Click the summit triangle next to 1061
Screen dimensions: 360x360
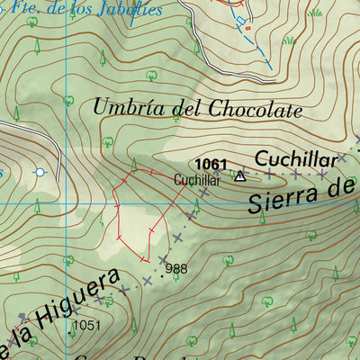pos(239,176)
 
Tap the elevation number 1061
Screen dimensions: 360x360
pos(210,163)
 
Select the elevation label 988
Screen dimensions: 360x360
pos(176,268)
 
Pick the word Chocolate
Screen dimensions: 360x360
pos(256,110)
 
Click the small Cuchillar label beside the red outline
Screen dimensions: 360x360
pos(197,180)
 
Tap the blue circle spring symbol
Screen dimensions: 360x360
pos(39,172)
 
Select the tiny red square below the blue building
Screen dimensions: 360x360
pos(248,28)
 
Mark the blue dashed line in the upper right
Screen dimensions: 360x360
pos(262,50)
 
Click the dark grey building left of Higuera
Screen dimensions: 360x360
pos(23,317)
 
